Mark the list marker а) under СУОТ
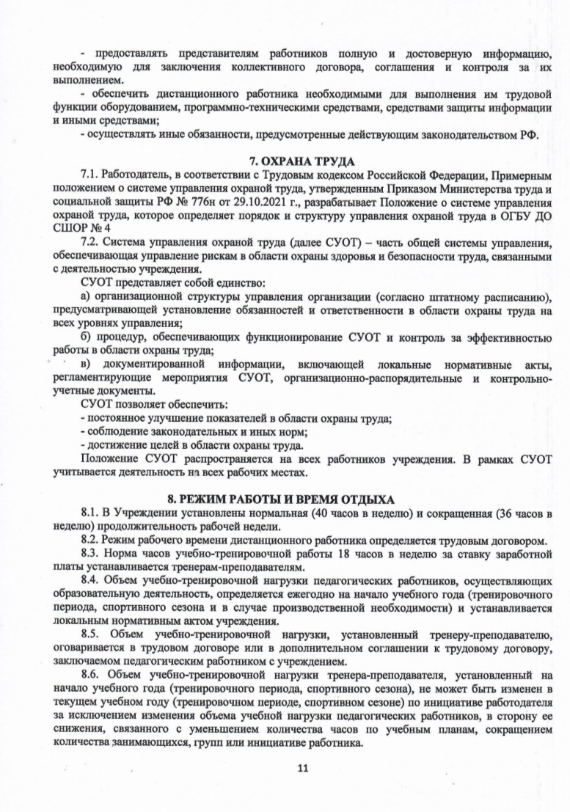(x=85, y=296)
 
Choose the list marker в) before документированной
(x=85, y=365)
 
